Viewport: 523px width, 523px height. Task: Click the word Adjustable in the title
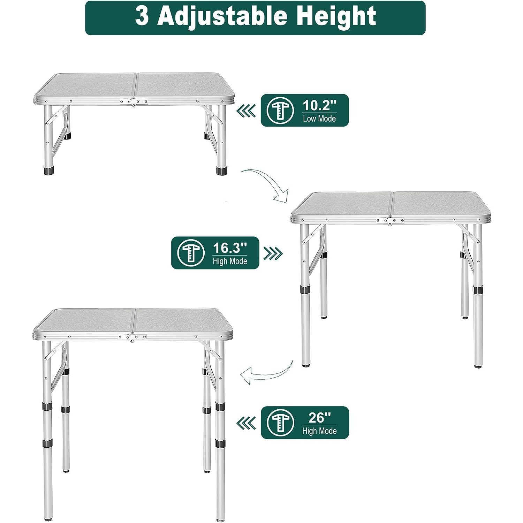pos(223,16)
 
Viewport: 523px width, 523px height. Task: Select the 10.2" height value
pos(319,105)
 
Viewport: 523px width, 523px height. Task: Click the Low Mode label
pos(319,119)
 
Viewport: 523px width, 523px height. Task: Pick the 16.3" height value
pos(230,248)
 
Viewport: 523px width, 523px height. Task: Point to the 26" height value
pos(319,417)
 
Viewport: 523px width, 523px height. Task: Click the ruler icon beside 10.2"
pos(280,110)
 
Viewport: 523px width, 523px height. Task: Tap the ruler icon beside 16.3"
pos(190,253)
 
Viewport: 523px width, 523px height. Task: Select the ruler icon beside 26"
pos(280,423)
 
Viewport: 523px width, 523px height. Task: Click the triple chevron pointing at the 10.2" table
pos(246,111)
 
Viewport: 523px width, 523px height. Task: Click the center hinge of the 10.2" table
pos(134,102)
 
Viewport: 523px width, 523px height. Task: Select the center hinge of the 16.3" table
pos(390,221)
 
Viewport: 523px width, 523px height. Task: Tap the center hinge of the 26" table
pos(133,338)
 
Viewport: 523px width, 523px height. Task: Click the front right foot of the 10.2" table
pos(221,171)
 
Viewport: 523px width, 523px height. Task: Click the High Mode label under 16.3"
pos(230,261)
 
